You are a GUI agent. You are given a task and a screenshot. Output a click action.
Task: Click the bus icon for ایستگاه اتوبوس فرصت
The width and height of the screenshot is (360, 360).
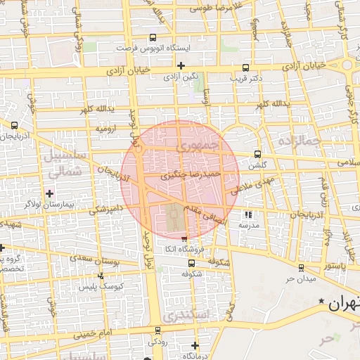pos(153,38)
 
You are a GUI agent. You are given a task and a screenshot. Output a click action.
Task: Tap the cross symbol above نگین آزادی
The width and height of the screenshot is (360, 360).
pos(181,65)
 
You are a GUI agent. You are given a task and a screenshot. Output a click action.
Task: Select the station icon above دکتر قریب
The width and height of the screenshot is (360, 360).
pos(245,68)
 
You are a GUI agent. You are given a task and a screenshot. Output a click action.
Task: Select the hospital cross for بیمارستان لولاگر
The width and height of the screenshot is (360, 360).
pos(49,193)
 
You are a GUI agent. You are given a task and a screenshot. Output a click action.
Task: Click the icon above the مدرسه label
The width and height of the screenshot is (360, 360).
pos(247,214)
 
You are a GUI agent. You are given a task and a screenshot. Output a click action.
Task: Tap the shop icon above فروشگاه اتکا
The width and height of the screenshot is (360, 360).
pos(184,240)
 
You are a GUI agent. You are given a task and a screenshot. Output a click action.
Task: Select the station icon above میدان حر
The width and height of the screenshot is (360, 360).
pos(301,268)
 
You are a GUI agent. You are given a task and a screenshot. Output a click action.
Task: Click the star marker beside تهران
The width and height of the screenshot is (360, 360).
pos(321,302)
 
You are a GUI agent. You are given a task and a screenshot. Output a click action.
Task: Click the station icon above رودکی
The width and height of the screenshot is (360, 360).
pos(157,330)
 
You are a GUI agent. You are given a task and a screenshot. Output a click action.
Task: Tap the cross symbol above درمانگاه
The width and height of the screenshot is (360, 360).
pos(195,345)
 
